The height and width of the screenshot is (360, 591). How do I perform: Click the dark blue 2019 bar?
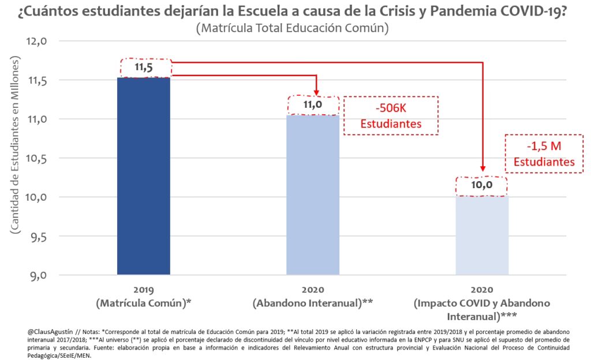coord(143,176)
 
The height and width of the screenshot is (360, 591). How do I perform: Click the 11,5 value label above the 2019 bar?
coord(144,68)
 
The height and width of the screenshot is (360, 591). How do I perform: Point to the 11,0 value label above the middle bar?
coord(313,105)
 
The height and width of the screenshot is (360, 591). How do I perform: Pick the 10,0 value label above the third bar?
coord(481,186)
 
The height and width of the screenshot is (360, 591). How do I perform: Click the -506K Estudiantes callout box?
coord(391,115)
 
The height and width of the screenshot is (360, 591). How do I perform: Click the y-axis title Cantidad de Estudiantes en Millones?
coord(13,145)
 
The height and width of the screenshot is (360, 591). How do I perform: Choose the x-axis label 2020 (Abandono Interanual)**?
coord(313,296)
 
